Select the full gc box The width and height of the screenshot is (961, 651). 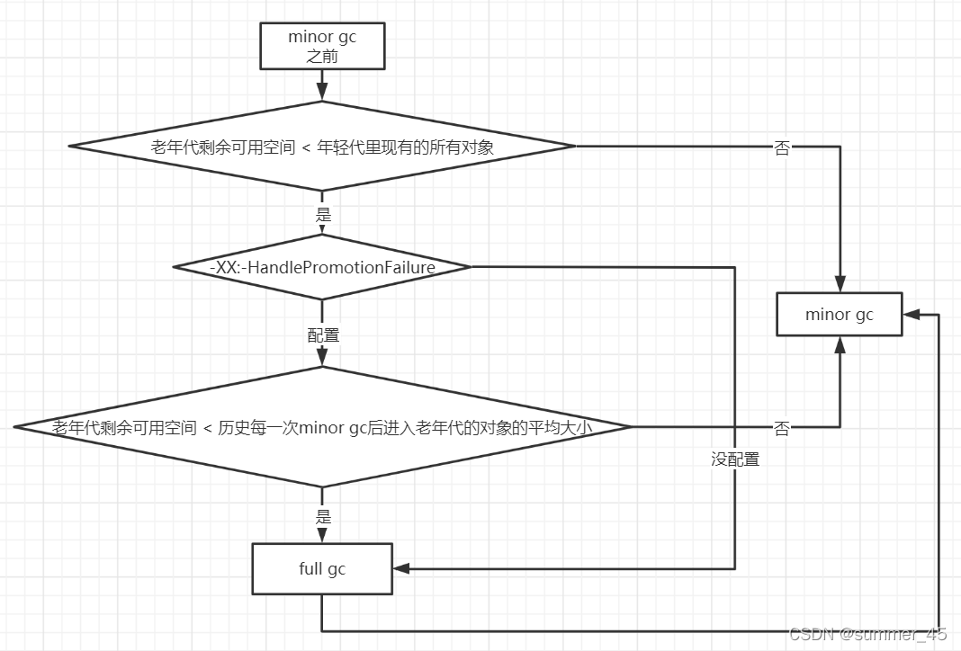[x=322, y=569]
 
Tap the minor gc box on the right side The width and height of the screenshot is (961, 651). [x=839, y=315]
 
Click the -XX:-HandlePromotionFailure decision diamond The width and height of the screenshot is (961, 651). [x=322, y=267]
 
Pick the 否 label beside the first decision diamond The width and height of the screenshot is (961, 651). [x=782, y=148]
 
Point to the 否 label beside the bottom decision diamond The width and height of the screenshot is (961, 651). [x=782, y=429]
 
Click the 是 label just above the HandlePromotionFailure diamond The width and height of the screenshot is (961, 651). [x=323, y=216]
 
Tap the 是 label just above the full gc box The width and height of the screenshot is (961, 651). [x=323, y=517]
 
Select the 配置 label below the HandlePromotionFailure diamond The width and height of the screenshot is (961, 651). [x=323, y=335]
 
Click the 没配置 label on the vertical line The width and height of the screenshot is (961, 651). [x=735, y=459]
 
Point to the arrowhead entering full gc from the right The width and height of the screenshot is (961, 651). [x=401, y=569]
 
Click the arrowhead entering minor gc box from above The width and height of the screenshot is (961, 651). [x=840, y=284]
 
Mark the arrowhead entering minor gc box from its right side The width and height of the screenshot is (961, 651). [x=912, y=315]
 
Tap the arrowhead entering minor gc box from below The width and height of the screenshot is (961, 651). [x=840, y=344]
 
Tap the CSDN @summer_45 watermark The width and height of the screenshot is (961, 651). [x=867, y=634]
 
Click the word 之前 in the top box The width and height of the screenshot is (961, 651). [x=322, y=56]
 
